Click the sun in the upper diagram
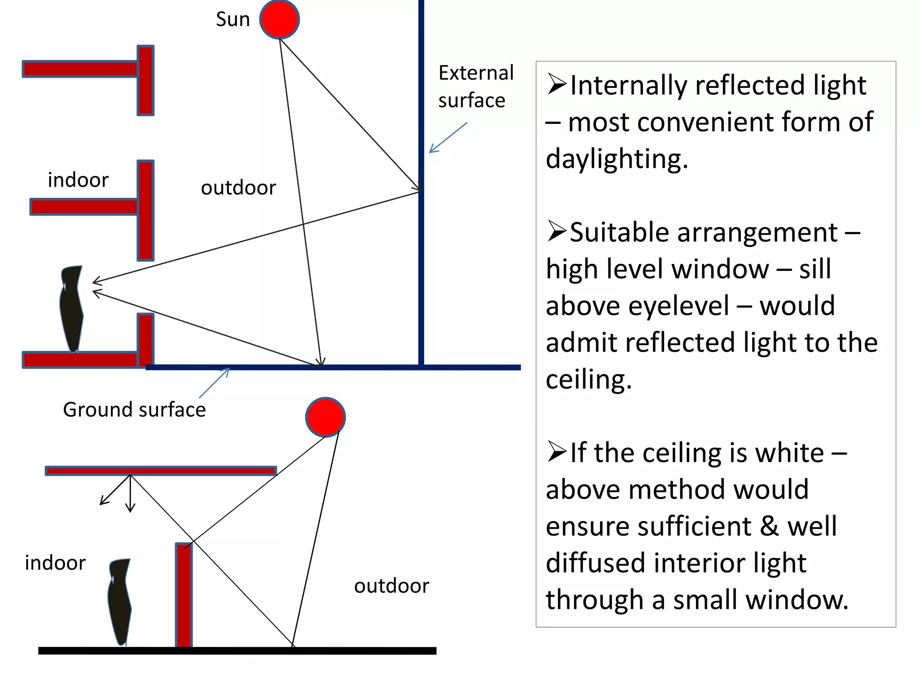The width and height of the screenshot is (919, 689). [x=280, y=19]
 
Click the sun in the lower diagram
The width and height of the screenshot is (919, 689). [x=325, y=417]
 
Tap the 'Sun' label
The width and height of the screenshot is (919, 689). [x=232, y=19]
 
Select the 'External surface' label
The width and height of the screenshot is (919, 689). [x=476, y=87]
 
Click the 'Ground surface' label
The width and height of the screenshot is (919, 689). [x=134, y=410]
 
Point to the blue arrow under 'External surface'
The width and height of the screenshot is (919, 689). [x=448, y=138]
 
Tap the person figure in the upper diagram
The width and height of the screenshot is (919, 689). [x=71, y=308]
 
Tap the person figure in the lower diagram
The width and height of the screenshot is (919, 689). [x=120, y=601]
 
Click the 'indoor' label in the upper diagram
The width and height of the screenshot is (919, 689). [x=78, y=180]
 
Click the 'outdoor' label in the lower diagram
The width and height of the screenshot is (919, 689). [x=391, y=586]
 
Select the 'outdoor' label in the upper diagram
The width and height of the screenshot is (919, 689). [x=238, y=188]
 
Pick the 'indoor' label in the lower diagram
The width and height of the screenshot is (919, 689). [x=55, y=563]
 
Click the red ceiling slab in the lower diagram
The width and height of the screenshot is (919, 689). [x=161, y=471]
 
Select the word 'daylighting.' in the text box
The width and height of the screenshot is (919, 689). [x=617, y=159]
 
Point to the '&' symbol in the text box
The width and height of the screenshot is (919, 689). [x=769, y=526]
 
